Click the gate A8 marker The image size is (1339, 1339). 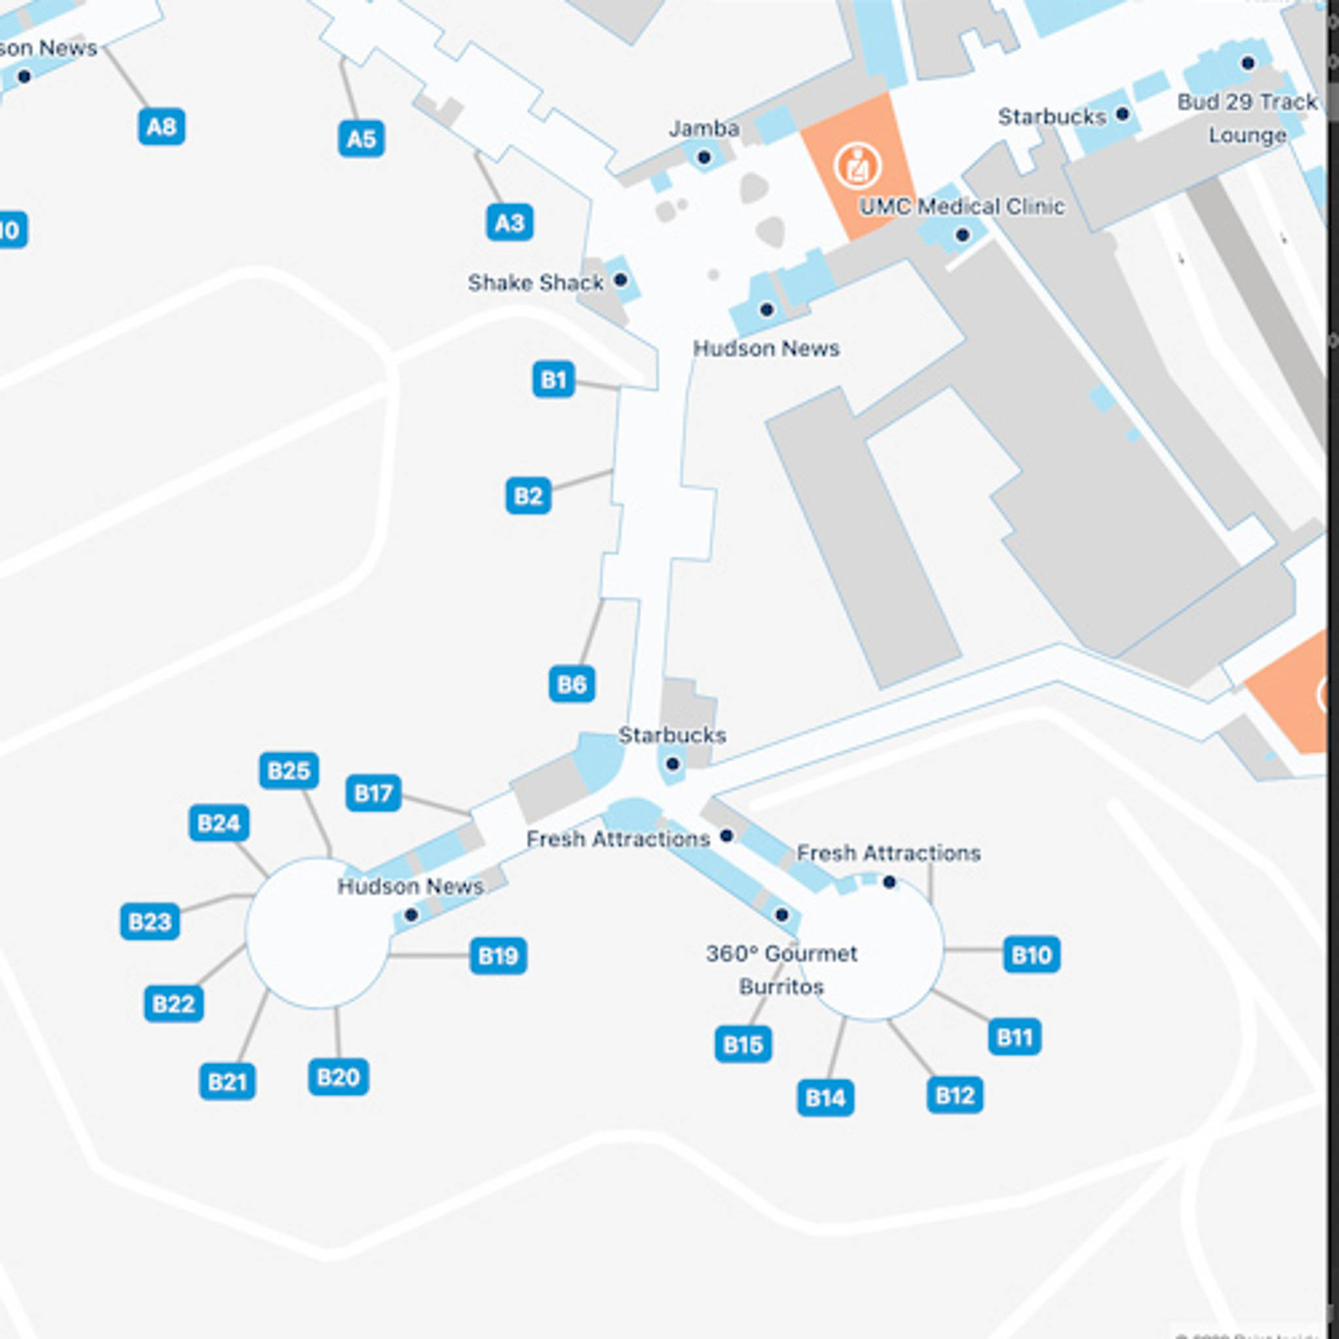[x=161, y=127]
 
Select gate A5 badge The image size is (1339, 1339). [x=361, y=139]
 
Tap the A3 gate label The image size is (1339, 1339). [x=509, y=222]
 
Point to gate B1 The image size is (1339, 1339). [x=553, y=379]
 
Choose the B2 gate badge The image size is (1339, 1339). [x=528, y=496]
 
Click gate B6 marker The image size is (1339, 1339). [x=572, y=684]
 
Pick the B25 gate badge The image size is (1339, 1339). [x=289, y=770]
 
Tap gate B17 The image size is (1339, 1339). [x=373, y=792]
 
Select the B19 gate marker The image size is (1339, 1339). [x=498, y=956]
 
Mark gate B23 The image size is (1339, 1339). [x=150, y=921]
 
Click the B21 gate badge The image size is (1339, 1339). [x=228, y=1081]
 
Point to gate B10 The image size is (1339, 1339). [x=1031, y=955]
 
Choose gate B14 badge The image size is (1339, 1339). [x=824, y=1098]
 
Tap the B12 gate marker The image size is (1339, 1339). [x=955, y=1095]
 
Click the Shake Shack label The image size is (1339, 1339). [x=535, y=282]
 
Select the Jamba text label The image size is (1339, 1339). [x=703, y=128]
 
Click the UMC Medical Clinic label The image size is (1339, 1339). [x=962, y=207]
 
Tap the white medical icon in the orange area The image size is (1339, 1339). [x=857, y=165]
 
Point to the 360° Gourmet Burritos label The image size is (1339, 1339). [x=782, y=970]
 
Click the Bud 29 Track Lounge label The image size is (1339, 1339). [x=1247, y=118]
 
